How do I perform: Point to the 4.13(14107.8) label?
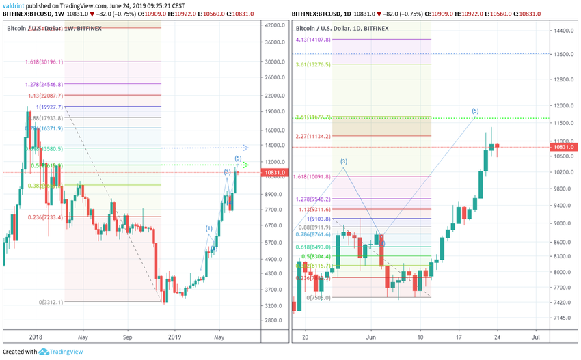314,40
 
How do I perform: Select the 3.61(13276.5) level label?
314,64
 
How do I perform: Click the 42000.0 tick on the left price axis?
275,25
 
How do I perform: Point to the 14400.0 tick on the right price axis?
562,31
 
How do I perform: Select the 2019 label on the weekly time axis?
176,336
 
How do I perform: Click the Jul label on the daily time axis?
537,336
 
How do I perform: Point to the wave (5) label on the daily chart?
475,111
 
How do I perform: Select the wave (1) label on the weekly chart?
209,227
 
